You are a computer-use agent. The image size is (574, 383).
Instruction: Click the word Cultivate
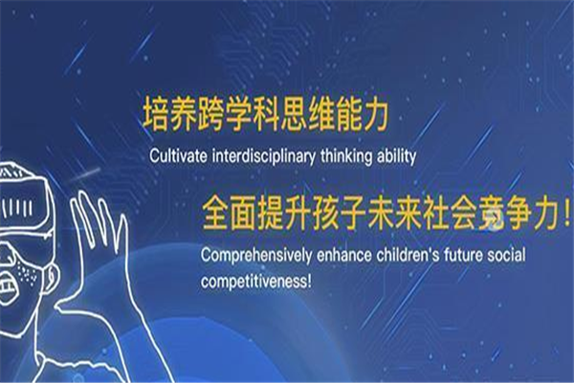tap(178, 156)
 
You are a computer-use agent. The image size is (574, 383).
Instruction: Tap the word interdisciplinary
tap(264, 156)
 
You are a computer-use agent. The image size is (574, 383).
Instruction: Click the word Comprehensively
tap(255, 255)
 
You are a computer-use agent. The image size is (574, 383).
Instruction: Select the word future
tap(463, 255)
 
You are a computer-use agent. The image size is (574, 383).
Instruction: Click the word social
tap(506, 255)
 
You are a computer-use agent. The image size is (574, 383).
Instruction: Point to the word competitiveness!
tap(256, 282)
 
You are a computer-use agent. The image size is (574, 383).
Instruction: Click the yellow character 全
tap(215, 214)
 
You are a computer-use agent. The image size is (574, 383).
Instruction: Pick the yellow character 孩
tap(325, 214)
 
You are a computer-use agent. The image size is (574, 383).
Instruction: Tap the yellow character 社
tap(435, 214)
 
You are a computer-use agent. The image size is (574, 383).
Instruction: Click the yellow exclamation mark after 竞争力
tap(566, 215)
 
